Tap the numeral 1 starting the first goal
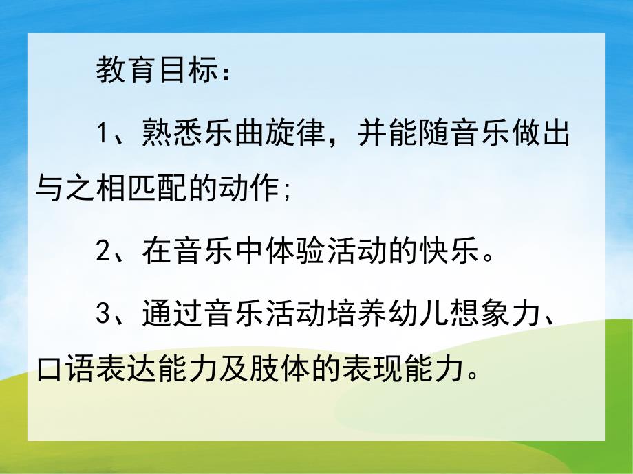(x=103, y=133)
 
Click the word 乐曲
(x=233, y=132)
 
